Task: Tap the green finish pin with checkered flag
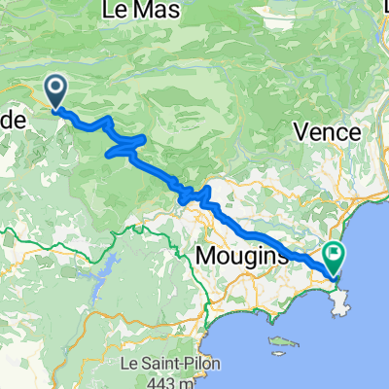(x=336, y=257)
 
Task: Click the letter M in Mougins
(x=207, y=256)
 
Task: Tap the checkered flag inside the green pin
(x=336, y=255)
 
